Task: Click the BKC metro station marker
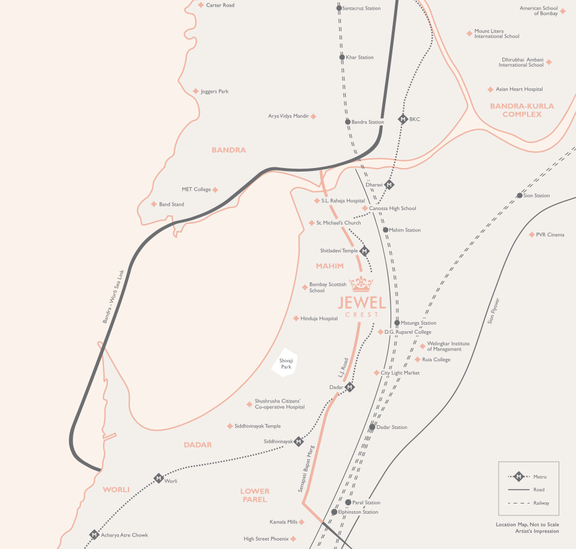pos(403,119)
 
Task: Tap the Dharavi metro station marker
pos(389,185)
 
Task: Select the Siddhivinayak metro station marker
pos(298,441)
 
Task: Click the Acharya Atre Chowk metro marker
pos(94,535)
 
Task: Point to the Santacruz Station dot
pos(339,8)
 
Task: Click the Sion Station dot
pos(520,196)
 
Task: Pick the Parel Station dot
pos(348,502)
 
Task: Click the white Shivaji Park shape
pos(286,362)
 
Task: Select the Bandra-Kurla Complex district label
pos(522,110)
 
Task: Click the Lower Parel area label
pos(255,495)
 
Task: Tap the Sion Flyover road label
pos(493,311)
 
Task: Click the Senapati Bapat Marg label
pos(306,468)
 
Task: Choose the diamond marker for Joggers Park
pos(196,91)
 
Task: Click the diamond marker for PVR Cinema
pos(532,234)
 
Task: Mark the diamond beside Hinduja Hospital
pos(296,319)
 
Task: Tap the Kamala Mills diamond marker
pos(301,522)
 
